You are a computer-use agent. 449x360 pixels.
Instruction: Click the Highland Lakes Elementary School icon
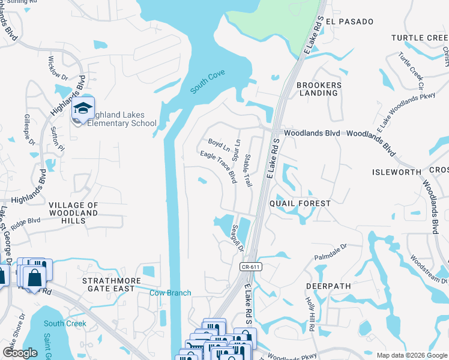(x=83, y=109)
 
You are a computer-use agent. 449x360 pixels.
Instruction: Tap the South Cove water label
(x=208, y=82)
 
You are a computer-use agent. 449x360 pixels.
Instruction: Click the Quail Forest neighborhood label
(x=300, y=203)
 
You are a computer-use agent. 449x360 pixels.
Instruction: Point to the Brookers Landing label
(x=319, y=89)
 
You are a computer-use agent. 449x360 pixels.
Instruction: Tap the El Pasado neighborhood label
(x=351, y=22)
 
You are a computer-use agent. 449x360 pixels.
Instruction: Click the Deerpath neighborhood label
(x=328, y=286)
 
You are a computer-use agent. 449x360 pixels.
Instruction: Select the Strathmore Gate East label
(x=112, y=285)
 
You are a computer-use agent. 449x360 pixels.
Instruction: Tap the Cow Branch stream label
(x=170, y=293)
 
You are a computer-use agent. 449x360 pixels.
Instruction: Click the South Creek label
(x=65, y=323)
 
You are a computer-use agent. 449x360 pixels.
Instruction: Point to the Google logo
(x=20, y=353)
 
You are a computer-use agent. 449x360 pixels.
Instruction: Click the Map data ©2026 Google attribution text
(x=411, y=355)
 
